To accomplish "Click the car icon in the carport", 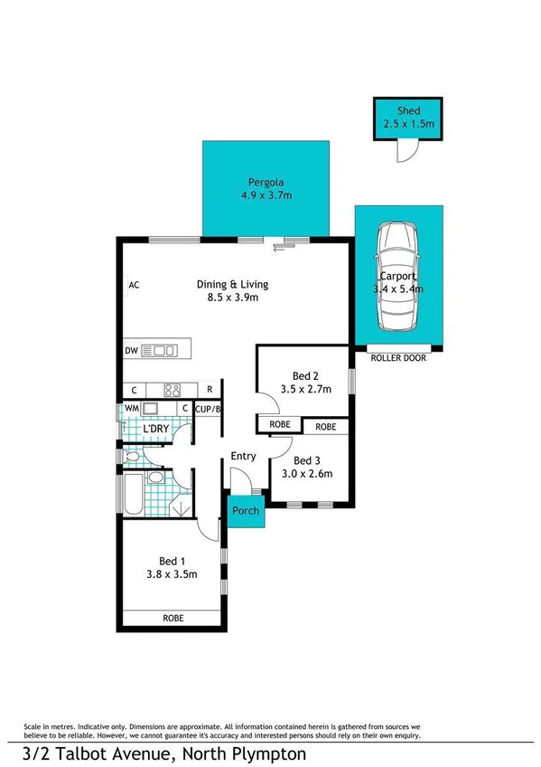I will [397, 277].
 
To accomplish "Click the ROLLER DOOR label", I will [398, 358].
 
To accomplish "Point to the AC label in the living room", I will [134, 285].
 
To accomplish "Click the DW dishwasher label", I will [131, 350].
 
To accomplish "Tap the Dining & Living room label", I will [232, 284].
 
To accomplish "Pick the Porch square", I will [245, 511].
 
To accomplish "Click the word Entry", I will [244, 456].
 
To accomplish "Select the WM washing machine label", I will [131, 409].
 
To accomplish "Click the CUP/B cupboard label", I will [209, 409].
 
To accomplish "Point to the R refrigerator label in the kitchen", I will [209, 390].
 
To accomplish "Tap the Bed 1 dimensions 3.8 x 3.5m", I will [172, 573].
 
